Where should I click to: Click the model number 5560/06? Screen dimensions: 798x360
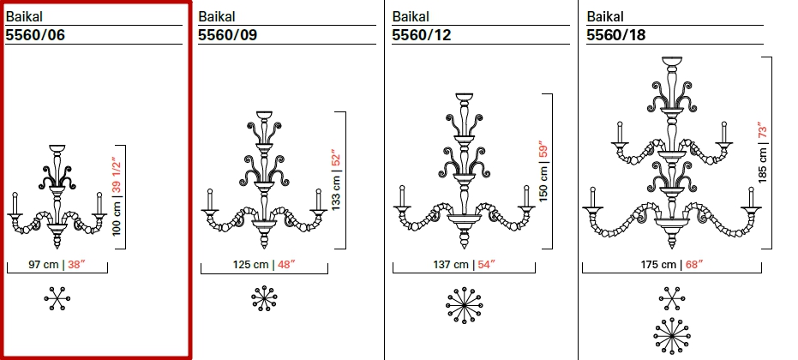click(x=35, y=34)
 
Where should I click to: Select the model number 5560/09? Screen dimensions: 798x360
click(x=227, y=34)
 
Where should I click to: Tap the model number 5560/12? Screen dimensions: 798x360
click(x=422, y=34)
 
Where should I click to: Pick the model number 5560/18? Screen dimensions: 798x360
click(x=615, y=34)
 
